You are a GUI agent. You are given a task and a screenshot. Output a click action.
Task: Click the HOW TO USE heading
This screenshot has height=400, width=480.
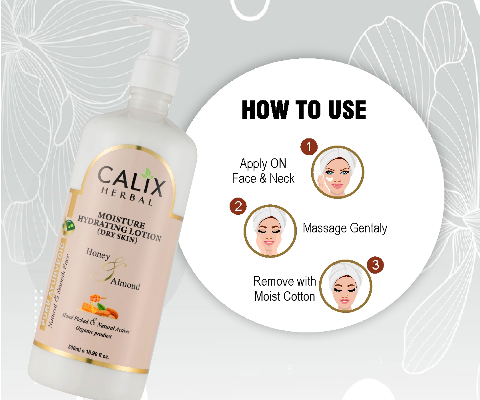[304, 110]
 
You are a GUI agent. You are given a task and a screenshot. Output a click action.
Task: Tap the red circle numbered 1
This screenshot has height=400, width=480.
[309, 147]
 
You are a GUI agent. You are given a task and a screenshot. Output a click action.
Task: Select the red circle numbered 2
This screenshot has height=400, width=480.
[238, 206]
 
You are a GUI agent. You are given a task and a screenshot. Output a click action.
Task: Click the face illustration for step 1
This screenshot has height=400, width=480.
[338, 172]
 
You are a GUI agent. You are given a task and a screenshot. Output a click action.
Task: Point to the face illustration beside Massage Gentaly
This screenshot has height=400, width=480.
[270, 231]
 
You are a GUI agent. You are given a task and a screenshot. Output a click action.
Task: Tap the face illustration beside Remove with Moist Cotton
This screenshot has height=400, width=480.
[346, 286]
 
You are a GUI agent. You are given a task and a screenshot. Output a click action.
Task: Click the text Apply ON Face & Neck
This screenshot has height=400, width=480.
[263, 171]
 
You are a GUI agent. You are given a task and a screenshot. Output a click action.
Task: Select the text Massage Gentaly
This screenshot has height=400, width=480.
[345, 228]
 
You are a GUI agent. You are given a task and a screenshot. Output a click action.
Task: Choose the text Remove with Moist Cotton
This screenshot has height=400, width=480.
[284, 289]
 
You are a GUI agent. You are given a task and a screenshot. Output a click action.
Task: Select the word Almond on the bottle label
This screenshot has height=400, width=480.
[125, 284]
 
